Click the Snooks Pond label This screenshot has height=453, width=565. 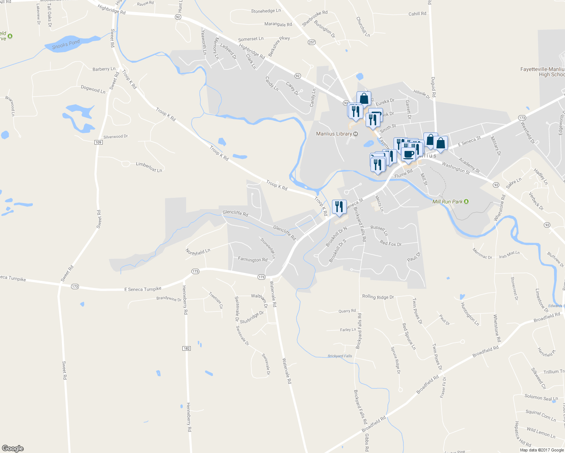(x=66, y=45)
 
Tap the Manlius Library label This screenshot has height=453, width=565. (x=334, y=134)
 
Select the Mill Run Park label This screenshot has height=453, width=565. (x=448, y=202)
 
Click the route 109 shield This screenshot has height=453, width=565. (x=99, y=142)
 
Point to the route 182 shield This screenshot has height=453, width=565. (x=187, y=348)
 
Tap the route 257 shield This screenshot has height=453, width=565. (x=312, y=42)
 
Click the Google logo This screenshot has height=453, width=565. (x=12, y=448)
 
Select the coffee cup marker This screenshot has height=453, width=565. (x=408, y=154)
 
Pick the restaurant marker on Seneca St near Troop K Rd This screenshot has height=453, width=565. (x=339, y=207)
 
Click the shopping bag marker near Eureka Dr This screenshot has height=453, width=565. (x=364, y=99)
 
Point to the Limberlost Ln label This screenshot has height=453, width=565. (x=149, y=167)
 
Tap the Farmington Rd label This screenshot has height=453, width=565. (x=253, y=259)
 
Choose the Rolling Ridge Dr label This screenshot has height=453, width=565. (x=378, y=297)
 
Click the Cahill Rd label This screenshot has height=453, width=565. (x=417, y=14)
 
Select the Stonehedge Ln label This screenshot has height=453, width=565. (x=266, y=11)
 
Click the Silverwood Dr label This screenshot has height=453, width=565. (x=116, y=137)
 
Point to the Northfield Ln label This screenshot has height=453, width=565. (x=198, y=252)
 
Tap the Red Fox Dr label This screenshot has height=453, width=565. (x=391, y=243)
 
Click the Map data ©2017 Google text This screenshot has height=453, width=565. (x=542, y=450)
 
